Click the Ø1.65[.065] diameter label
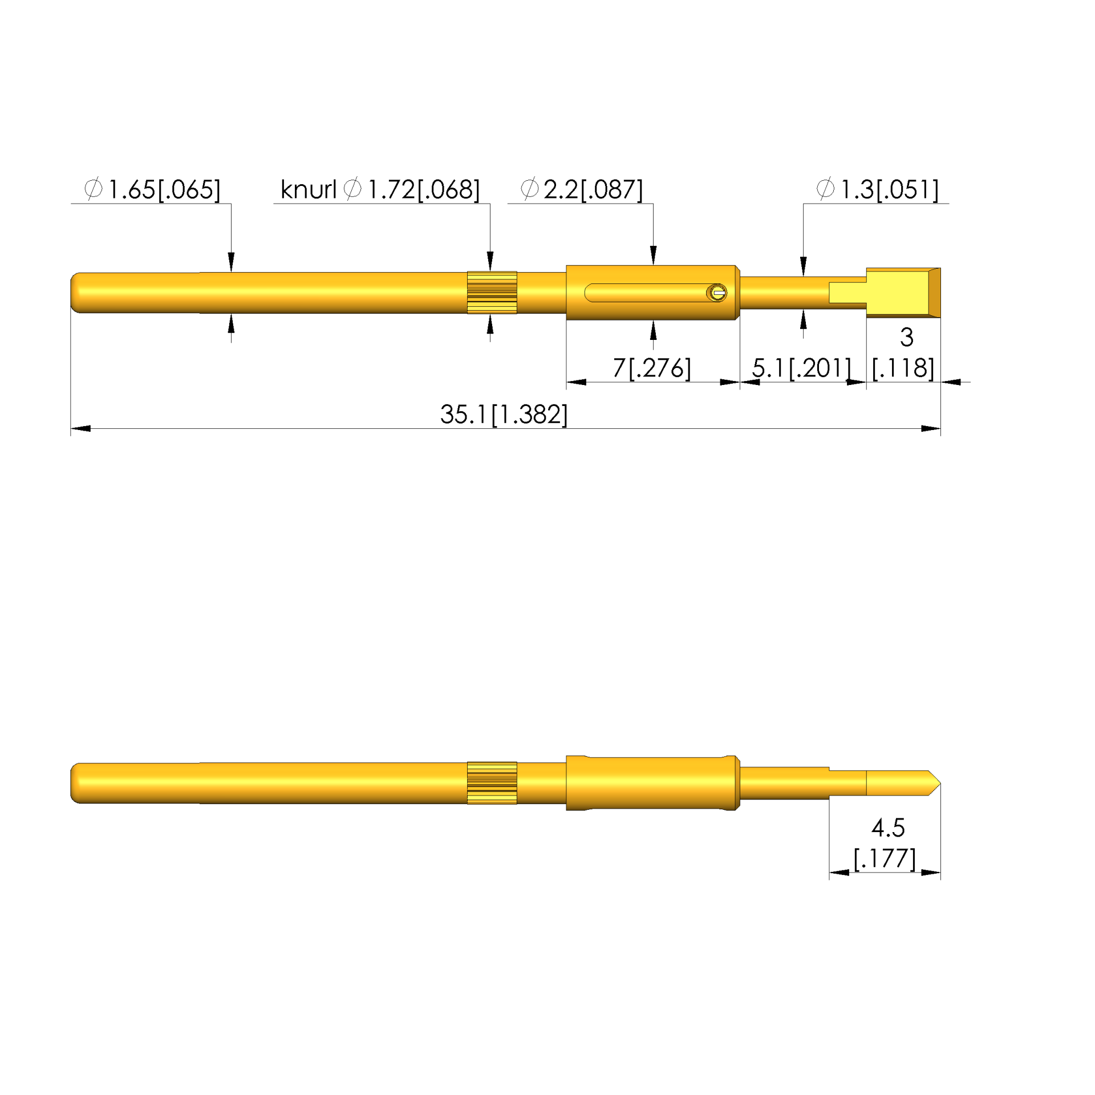[152, 189]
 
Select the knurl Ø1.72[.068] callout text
[380, 189]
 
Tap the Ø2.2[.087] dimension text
[582, 189]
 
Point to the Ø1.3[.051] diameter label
[877, 189]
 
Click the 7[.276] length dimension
[652, 368]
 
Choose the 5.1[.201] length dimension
[801, 368]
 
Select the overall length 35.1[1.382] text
[504, 414]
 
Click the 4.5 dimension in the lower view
[888, 828]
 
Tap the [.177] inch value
[885, 858]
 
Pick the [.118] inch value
[903, 368]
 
